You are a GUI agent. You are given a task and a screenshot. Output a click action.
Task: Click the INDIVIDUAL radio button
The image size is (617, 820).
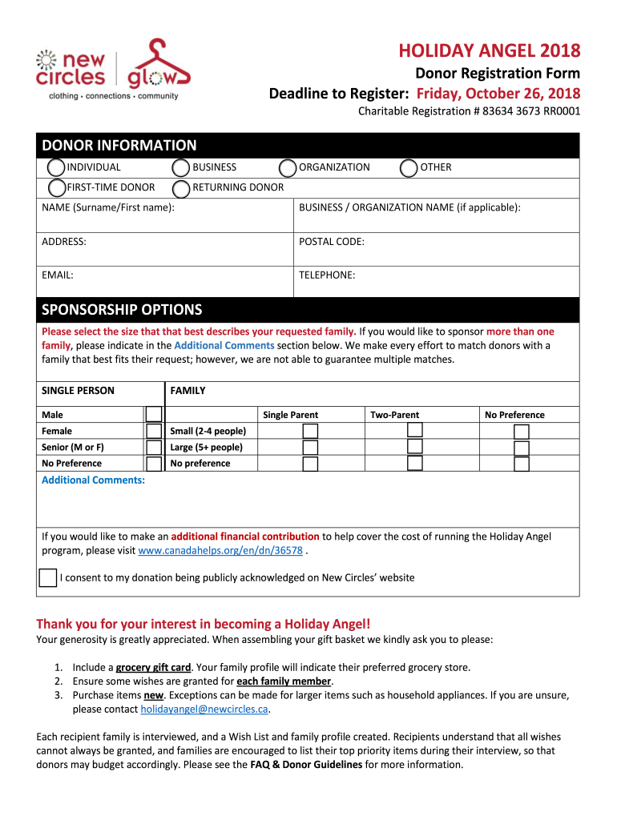pos(56,167)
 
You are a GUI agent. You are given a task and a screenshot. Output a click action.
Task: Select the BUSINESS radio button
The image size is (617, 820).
pos(182,167)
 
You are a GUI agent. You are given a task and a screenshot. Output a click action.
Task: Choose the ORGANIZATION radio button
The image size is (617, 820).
pos(288,167)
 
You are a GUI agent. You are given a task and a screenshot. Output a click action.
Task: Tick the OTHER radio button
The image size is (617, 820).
pos(409,167)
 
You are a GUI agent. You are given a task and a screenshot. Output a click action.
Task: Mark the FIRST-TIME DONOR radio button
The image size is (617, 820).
pos(56,187)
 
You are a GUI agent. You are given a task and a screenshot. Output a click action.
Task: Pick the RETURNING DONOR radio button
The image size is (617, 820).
pos(182,187)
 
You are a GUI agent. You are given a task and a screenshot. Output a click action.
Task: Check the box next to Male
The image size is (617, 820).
pos(153,415)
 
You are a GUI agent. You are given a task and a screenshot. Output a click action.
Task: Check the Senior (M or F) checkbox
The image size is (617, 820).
pos(153,448)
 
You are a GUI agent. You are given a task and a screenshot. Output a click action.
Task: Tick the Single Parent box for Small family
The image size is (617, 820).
pos(310,432)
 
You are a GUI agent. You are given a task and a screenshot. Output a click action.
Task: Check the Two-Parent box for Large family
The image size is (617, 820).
pos(414,447)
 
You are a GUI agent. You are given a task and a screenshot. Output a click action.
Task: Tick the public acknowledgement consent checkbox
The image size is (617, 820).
pos(48,578)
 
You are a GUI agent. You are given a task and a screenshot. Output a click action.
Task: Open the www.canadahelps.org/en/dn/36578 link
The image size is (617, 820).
pos(220,551)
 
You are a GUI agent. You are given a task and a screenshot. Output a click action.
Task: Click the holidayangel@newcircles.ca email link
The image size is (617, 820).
pos(204,709)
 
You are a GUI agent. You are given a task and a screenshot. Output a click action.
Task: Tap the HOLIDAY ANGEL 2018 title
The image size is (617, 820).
pos(490,52)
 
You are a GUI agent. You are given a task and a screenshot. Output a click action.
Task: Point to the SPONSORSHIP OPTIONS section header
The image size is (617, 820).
pos(122,310)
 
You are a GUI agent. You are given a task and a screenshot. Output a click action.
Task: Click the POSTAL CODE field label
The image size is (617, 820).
pos(332,241)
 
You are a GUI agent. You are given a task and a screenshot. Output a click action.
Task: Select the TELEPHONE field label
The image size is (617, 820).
pos(327,275)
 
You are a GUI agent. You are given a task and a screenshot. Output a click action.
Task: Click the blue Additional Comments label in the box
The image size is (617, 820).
pos(93,480)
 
